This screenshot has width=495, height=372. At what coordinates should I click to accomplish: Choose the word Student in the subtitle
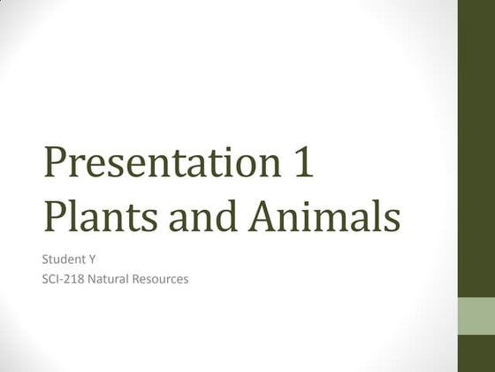pos(63,260)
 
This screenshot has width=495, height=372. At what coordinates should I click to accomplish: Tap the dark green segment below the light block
pos(476,354)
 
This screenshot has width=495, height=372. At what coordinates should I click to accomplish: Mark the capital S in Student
pos(46,260)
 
